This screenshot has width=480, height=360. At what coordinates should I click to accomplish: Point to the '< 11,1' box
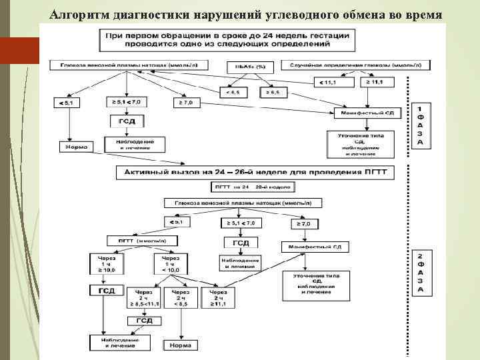(330, 82)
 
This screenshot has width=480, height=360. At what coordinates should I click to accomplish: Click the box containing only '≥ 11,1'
(377, 82)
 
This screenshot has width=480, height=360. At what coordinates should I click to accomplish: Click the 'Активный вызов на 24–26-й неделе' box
(256, 172)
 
